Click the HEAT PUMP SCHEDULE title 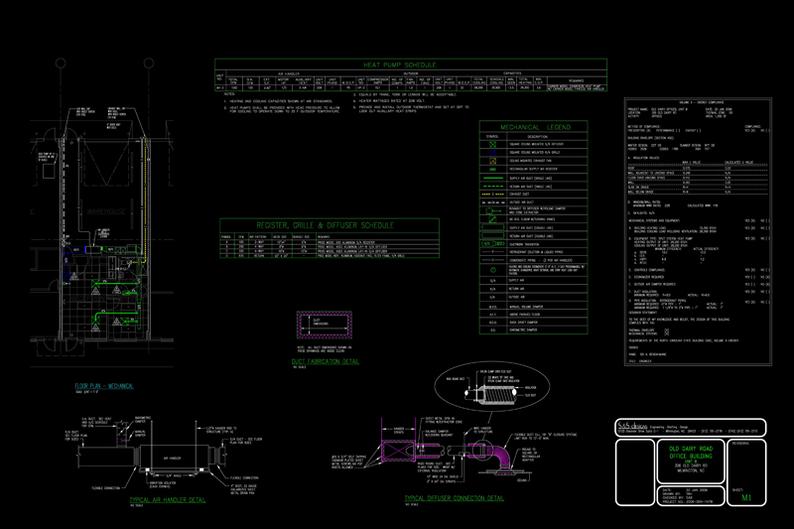point(409,63)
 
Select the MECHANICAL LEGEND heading point(535,128)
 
